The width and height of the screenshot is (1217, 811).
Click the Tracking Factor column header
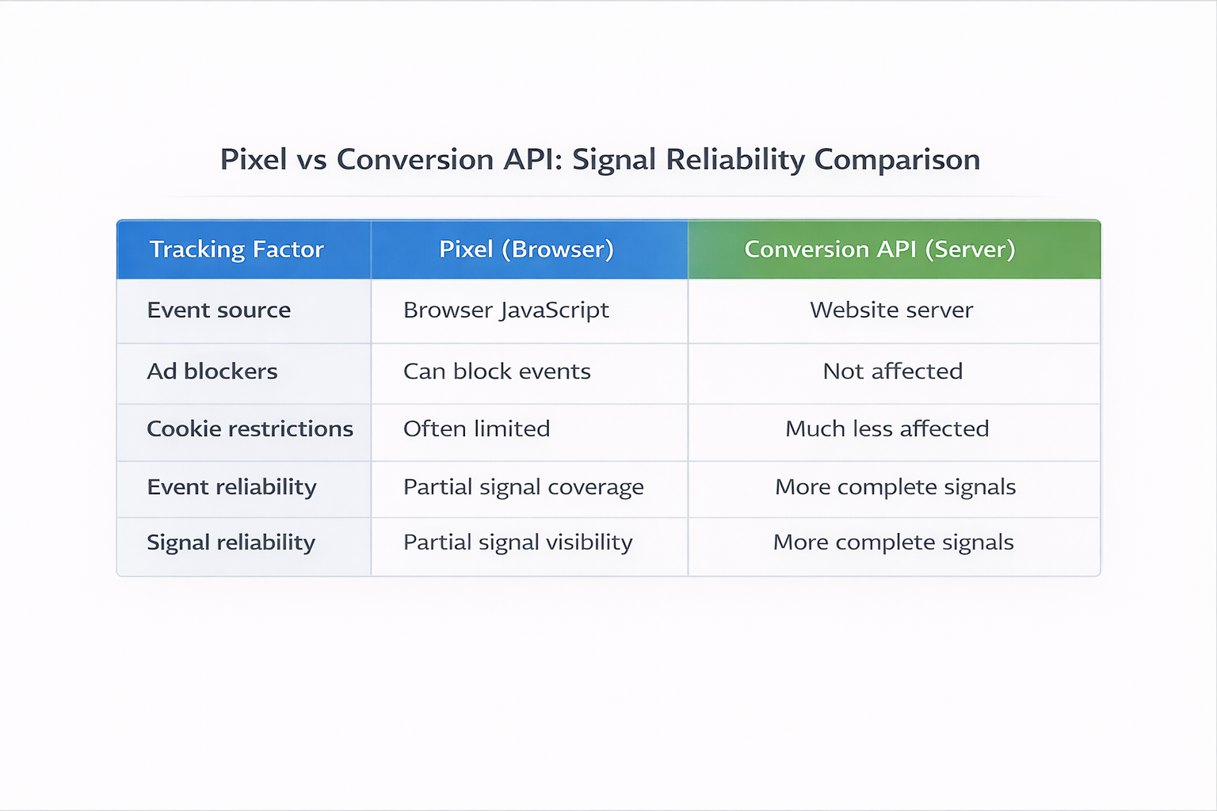(x=236, y=249)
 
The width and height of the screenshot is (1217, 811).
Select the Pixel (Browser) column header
(x=526, y=249)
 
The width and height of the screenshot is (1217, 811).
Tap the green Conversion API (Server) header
(x=879, y=249)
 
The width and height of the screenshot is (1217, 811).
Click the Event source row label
(x=219, y=310)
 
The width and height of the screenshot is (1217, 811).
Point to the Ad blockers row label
(x=212, y=371)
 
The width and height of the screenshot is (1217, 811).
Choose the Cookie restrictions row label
(x=250, y=429)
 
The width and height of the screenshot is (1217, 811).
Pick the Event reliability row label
(x=231, y=487)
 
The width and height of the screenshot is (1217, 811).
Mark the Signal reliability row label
(x=231, y=543)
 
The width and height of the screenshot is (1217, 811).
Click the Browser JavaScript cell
(x=505, y=310)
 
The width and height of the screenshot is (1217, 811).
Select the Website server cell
(x=891, y=310)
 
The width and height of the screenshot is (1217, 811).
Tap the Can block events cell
(x=497, y=371)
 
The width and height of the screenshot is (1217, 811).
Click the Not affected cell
(x=893, y=371)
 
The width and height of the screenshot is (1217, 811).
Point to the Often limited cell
(x=476, y=429)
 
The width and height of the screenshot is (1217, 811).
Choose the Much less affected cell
(x=887, y=429)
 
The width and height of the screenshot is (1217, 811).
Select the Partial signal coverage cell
(x=523, y=487)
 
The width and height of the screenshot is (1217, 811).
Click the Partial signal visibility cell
(x=517, y=543)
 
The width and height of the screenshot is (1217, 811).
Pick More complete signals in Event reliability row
(x=895, y=487)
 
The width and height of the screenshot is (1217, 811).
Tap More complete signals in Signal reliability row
(x=893, y=543)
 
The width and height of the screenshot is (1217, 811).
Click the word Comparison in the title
(x=897, y=160)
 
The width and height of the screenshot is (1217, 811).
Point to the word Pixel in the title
(x=254, y=160)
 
